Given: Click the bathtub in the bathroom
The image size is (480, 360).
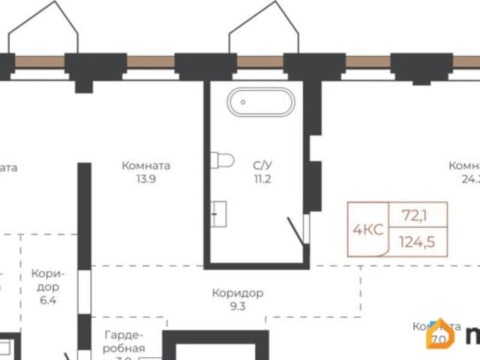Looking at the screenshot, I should [258, 102].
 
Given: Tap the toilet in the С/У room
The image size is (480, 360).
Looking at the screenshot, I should [223, 160].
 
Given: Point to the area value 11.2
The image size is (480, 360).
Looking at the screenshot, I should [261, 179].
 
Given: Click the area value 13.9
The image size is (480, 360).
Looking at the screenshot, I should [145, 179].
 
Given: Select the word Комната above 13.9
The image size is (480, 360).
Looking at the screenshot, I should [145, 166].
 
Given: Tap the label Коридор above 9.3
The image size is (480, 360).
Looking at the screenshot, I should [237, 293].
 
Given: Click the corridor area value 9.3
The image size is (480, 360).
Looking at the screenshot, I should [237, 306].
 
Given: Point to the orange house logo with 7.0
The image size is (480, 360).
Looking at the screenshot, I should [440, 335].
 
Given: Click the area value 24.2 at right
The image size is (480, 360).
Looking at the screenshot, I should [471, 179].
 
